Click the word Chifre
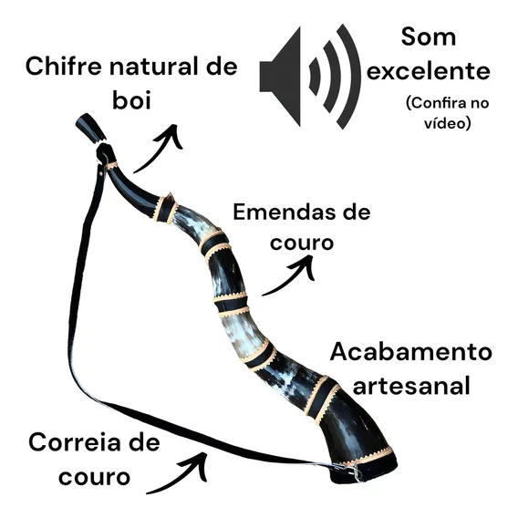(64, 67)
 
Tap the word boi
(131, 99)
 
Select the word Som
(429, 36)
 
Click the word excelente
(428, 71)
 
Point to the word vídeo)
(447, 123)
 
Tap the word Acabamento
(411, 352)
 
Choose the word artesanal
(411, 386)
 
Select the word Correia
(76, 442)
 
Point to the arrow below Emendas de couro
(290, 276)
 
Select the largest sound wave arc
(348, 77)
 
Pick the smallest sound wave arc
(315, 77)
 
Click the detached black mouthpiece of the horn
(90, 128)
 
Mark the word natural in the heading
(155, 67)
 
